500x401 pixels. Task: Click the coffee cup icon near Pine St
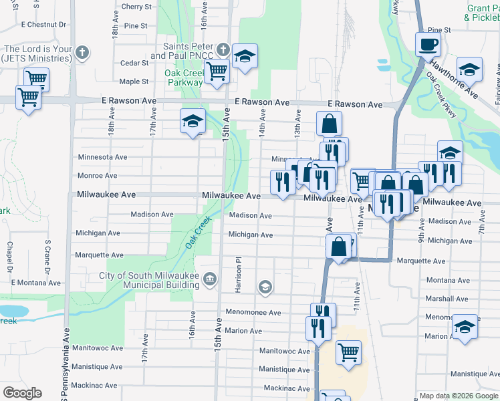point(428,44)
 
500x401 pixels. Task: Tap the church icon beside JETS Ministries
point(82,52)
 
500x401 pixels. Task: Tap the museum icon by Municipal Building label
point(210,278)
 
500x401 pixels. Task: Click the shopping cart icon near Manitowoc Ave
point(348,351)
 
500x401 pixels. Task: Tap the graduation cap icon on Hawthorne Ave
point(470,70)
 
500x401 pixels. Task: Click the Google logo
point(22,393)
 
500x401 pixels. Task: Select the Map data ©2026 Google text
point(458,396)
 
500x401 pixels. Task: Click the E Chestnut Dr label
point(44,24)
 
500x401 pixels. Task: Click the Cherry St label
point(136,7)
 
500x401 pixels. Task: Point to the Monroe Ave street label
point(98,176)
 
